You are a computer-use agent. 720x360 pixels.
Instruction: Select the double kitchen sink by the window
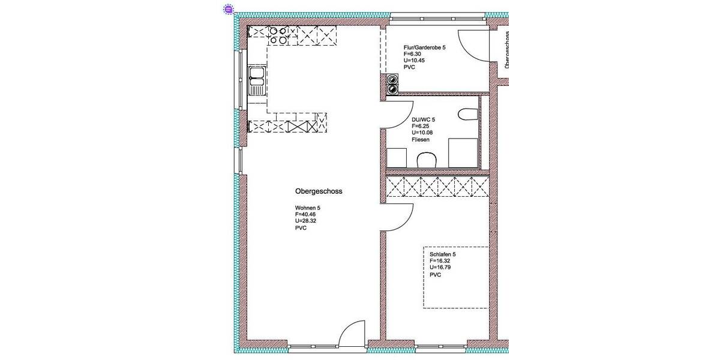pyautogui.click(x=257, y=82)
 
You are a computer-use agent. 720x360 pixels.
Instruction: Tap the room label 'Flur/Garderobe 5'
pyautogui.click(x=424, y=47)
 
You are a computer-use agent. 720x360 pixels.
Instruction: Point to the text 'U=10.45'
pyautogui.click(x=415, y=60)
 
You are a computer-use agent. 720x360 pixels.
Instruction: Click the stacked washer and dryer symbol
pyautogui.click(x=392, y=84)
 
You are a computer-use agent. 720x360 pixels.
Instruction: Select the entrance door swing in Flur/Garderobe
pyautogui.click(x=473, y=45)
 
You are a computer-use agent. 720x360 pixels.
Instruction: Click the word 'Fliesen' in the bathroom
pyautogui.click(x=421, y=139)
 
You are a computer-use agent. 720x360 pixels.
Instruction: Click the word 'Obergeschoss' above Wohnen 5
pyautogui.click(x=318, y=191)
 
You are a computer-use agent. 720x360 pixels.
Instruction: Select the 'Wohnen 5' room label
pyautogui.click(x=308, y=208)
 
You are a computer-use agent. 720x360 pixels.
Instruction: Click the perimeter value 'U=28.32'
pyautogui.click(x=306, y=221)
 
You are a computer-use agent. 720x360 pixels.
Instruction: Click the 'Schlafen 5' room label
pyautogui.click(x=442, y=254)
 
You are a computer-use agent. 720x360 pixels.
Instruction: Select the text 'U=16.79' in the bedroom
pyautogui.click(x=441, y=268)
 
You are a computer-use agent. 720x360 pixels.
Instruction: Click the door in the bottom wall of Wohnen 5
pyautogui.click(x=352, y=334)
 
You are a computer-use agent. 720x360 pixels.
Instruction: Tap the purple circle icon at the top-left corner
pyautogui.click(x=228, y=9)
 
